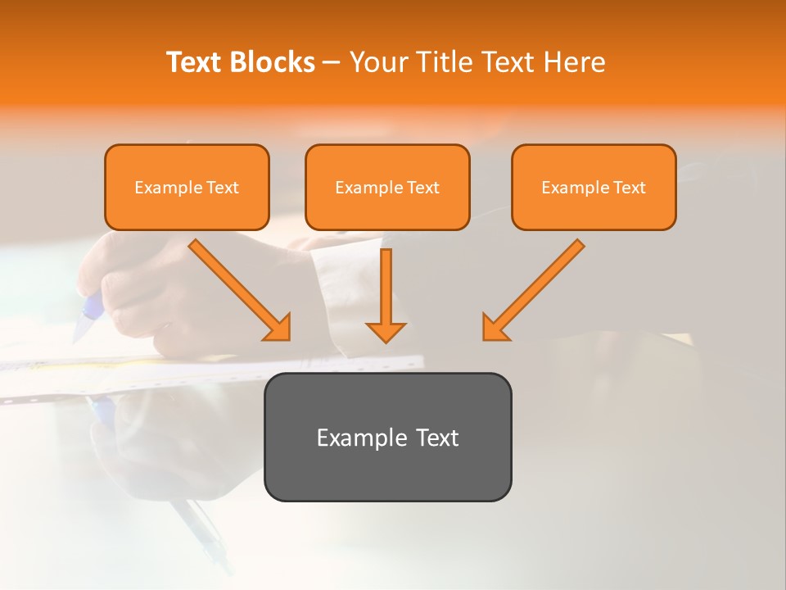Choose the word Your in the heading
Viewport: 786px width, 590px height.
coord(377,62)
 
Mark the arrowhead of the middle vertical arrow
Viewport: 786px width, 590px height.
coord(386,332)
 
